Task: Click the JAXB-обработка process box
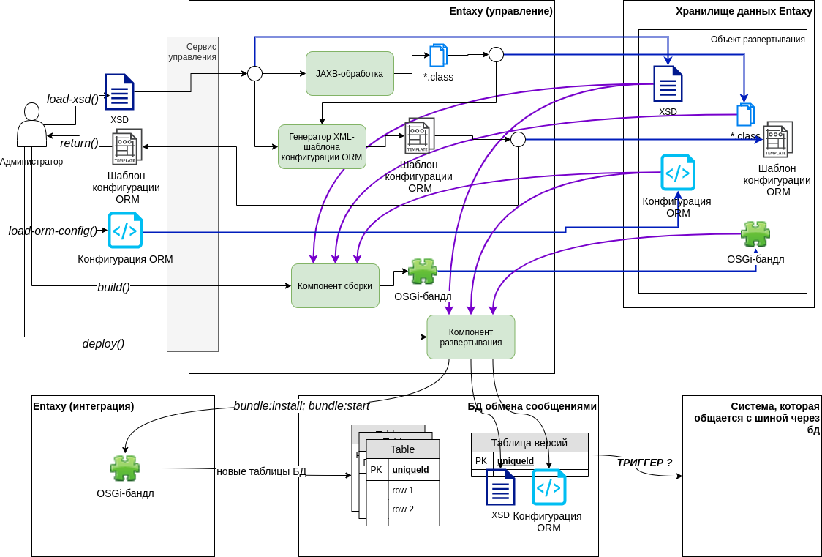tap(350, 73)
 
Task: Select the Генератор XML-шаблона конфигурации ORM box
tap(322, 146)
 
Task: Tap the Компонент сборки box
tap(335, 285)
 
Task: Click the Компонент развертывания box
tap(470, 337)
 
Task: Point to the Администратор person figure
tap(31, 128)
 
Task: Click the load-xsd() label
tap(72, 99)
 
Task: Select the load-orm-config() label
tap(53, 231)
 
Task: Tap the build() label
tap(113, 287)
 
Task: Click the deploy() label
tap(103, 343)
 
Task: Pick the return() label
tap(79, 143)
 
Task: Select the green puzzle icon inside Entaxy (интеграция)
tap(125, 468)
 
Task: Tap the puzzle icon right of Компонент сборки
tap(423, 272)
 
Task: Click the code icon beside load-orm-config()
tap(125, 231)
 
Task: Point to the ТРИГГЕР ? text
tap(644, 463)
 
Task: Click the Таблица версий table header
tap(529, 442)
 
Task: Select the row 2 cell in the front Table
tap(403, 509)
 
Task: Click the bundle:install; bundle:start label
tap(301, 405)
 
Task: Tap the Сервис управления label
tap(192, 51)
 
